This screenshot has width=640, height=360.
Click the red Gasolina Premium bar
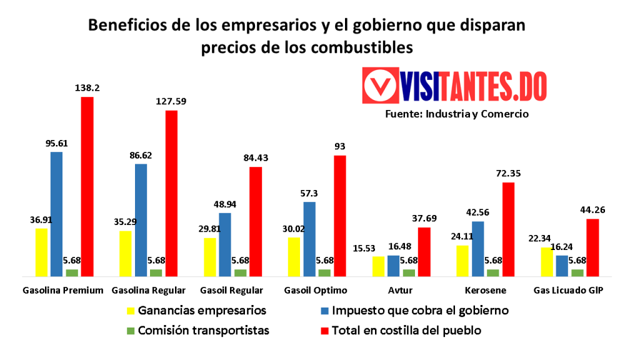coord(87,186)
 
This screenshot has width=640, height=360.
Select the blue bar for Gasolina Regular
coord(141,219)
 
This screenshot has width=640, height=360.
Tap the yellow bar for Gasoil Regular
coord(210,256)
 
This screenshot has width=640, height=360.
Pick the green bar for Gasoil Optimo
coord(324,272)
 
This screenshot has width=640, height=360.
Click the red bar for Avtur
coord(424,251)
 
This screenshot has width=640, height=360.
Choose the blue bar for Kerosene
coord(478,248)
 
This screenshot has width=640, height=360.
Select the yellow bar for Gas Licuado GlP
coord(547,261)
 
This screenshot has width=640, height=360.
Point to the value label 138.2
coord(87,89)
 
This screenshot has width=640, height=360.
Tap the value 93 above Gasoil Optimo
coord(340,146)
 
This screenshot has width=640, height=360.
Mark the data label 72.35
coord(508,173)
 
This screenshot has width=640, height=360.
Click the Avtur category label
coord(400,290)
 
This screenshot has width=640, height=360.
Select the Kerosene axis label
coord(486,290)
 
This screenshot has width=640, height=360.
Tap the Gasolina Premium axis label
coord(62,290)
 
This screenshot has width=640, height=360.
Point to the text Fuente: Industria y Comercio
coord(457,114)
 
